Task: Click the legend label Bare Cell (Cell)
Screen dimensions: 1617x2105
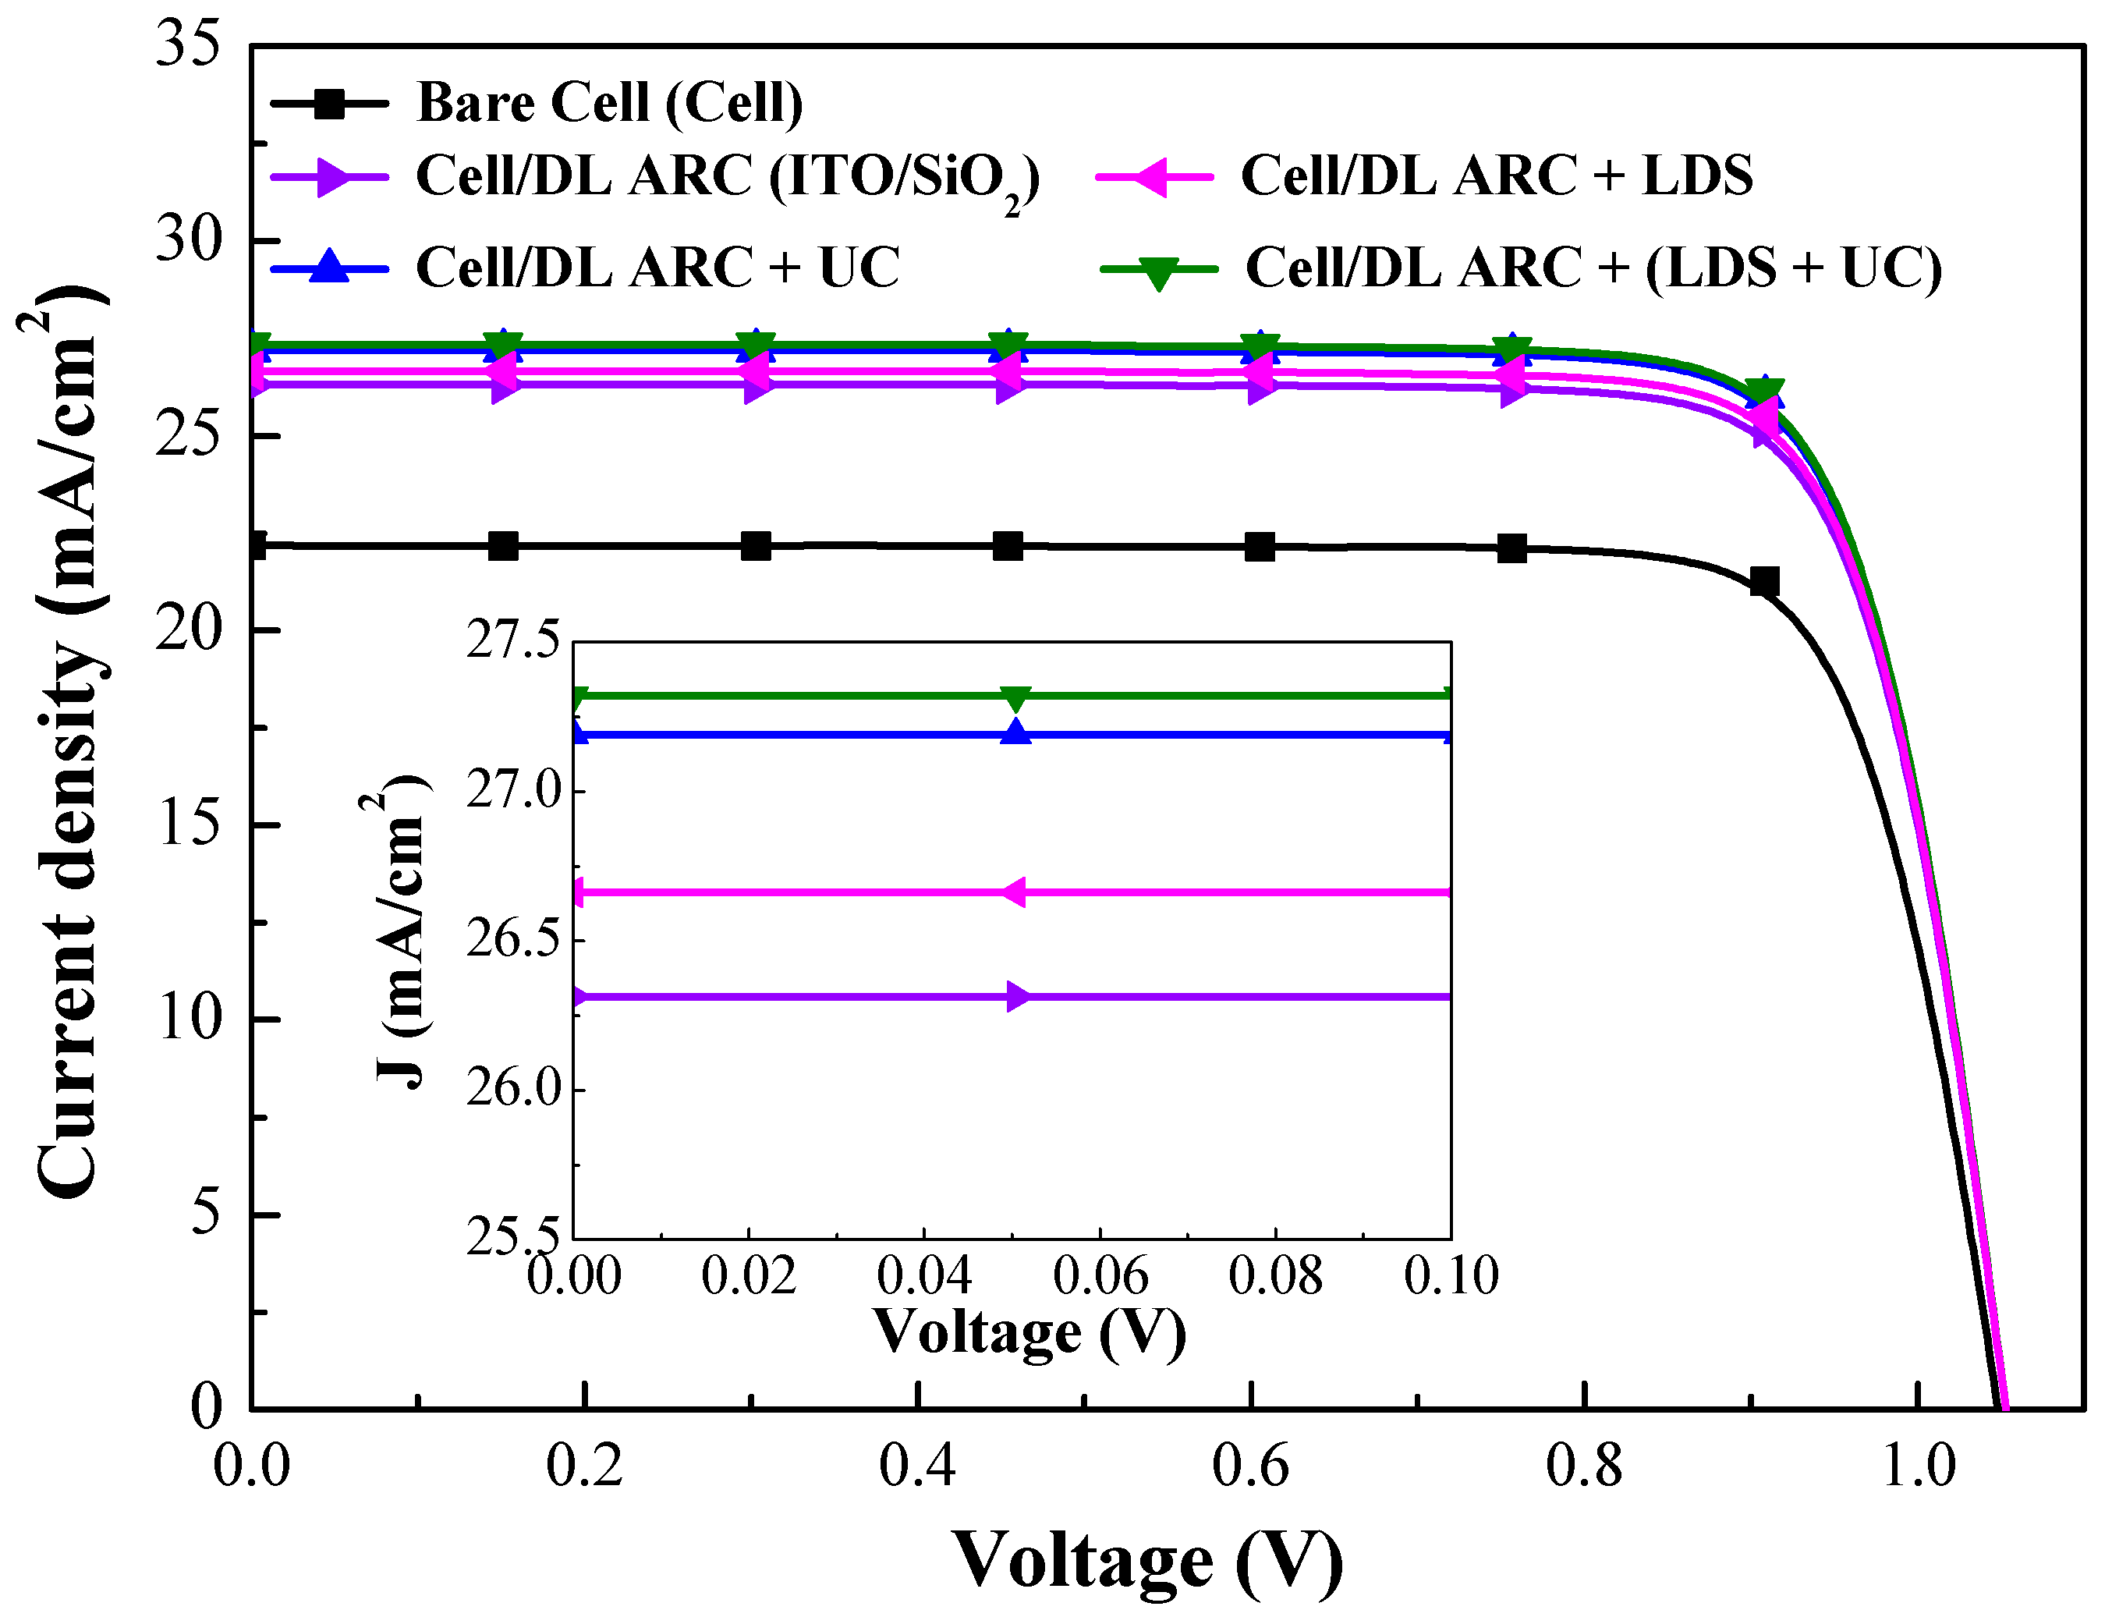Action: click(608, 102)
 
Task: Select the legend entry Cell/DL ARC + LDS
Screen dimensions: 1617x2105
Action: click(1496, 176)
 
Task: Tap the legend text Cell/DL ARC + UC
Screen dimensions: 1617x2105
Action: click(657, 267)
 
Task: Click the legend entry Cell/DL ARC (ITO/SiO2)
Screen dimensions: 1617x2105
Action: click(727, 177)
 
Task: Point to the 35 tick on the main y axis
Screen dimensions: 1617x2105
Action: click(188, 44)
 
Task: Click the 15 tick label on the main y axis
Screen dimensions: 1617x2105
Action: click(190, 824)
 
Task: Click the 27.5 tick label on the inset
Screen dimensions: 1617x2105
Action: click(512, 640)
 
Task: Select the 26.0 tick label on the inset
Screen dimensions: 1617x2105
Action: click(512, 1089)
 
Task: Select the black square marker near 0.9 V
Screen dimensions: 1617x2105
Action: click(1763, 581)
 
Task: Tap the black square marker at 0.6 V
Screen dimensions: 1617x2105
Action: click(1259, 547)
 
